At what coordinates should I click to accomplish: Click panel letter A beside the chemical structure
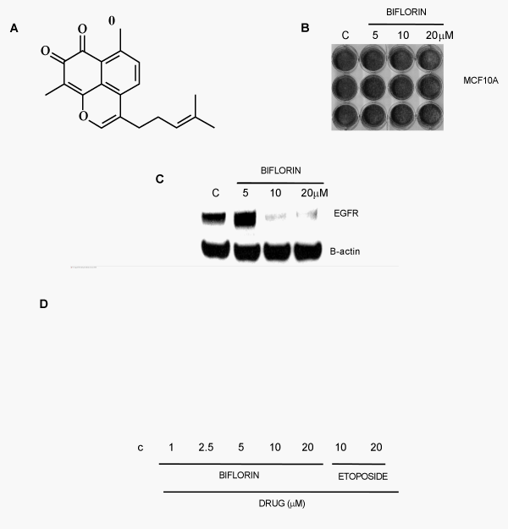14,28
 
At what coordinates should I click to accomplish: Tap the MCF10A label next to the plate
480,80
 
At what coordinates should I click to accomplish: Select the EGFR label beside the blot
346,213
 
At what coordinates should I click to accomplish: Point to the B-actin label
345,251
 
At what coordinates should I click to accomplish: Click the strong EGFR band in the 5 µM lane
246,219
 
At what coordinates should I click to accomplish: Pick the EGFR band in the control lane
214,218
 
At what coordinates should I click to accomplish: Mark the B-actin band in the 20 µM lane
308,251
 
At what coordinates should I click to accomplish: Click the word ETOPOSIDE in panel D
363,477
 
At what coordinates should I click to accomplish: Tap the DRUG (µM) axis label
282,504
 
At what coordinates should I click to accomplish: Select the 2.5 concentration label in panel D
206,448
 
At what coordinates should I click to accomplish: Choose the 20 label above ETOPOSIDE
376,448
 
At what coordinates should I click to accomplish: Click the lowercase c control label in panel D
141,448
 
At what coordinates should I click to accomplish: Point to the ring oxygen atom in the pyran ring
83,116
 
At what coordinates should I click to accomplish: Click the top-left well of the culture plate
345,59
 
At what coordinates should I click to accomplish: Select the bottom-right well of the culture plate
430,115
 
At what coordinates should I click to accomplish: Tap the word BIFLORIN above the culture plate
406,12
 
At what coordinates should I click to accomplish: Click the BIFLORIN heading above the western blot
280,170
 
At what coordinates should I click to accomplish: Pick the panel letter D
43,304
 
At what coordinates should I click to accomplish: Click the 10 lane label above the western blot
275,193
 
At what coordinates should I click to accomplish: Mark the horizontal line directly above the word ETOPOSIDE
358,464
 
